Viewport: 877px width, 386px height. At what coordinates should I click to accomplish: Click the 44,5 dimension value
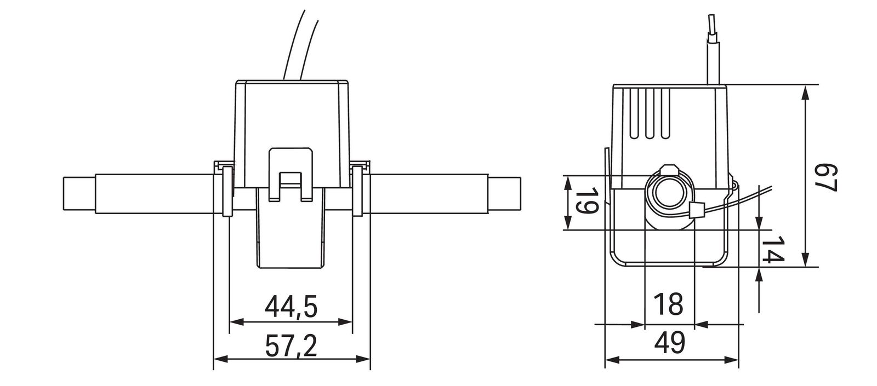tap(291, 307)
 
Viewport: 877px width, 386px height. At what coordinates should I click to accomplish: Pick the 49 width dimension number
tap(670, 344)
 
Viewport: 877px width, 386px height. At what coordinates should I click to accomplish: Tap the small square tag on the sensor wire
tap(697, 209)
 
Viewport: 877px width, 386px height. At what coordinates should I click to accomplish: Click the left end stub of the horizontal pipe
tap(79, 194)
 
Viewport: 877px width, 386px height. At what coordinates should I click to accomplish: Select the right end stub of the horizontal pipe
tap(504, 194)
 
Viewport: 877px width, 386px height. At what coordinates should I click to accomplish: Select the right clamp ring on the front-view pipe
tap(358, 192)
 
